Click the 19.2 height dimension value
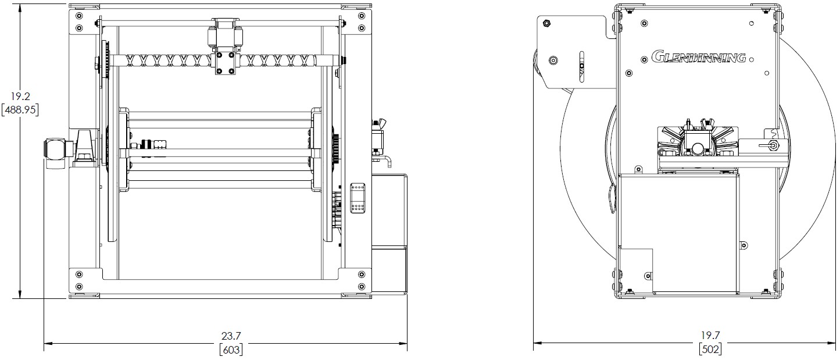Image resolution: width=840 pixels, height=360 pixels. coord(20,97)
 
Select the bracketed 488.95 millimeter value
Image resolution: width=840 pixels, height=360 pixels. coord(20,111)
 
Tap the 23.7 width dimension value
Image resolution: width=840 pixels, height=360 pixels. coord(231,336)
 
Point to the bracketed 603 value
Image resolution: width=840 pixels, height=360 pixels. coord(231,350)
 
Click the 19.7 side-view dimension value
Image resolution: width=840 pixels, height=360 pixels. coord(710,335)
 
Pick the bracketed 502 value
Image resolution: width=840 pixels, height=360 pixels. coord(710,349)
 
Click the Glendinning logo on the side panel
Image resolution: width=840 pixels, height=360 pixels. coord(698,57)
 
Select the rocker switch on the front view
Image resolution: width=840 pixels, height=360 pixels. coord(358,198)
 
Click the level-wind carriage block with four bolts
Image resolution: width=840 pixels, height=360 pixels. coord(226,63)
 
